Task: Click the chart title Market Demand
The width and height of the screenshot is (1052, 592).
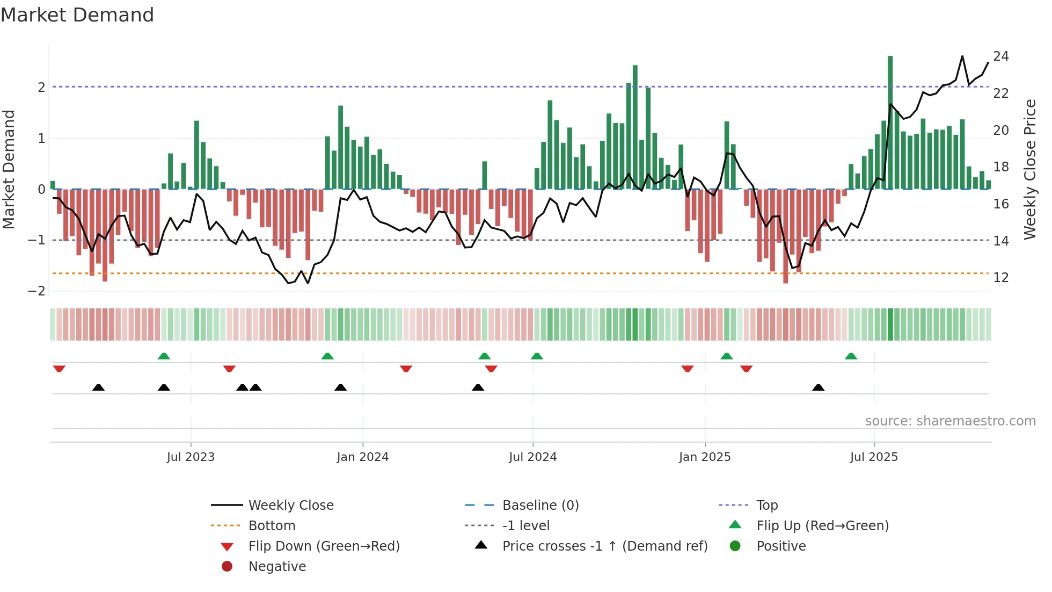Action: (x=77, y=15)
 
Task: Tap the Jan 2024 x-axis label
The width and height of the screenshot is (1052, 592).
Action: (x=362, y=457)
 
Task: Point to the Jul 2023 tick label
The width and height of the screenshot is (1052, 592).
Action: (x=191, y=457)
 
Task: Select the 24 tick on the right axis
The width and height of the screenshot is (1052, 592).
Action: (x=1000, y=56)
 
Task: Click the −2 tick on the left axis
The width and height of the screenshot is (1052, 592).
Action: (x=36, y=291)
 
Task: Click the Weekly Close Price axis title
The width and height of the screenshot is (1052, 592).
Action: (x=1029, y=169)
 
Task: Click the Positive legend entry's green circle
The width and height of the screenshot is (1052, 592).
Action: (x=735, y=546)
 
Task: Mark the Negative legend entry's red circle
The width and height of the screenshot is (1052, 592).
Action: (x=227, y=566)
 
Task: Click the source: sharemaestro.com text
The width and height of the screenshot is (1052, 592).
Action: (x=950, y=421)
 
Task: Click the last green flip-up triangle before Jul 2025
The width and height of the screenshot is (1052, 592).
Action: (x=851, y=356)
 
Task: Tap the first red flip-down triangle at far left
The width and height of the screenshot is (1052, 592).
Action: (x=59, y=369)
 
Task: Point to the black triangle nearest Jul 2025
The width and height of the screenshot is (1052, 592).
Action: (x=818, y=387)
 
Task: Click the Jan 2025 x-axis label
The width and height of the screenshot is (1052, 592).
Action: (x=704, y=457)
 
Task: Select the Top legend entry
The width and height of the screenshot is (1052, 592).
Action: (x=766, y=505)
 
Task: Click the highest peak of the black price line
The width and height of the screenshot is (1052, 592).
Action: (x=962, y=56)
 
